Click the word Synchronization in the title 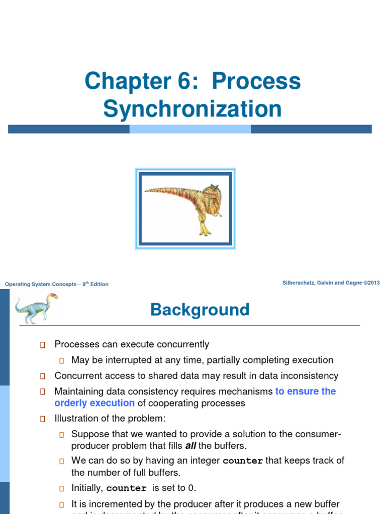[192, 109]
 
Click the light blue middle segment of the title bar [190, 129]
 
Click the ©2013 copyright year [371, 283]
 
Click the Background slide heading [200, 310]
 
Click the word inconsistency [308, 375]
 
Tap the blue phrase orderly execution [94, 403]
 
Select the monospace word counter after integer [243, 461]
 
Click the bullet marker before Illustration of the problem [43, 419]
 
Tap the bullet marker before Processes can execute [43, 345]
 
